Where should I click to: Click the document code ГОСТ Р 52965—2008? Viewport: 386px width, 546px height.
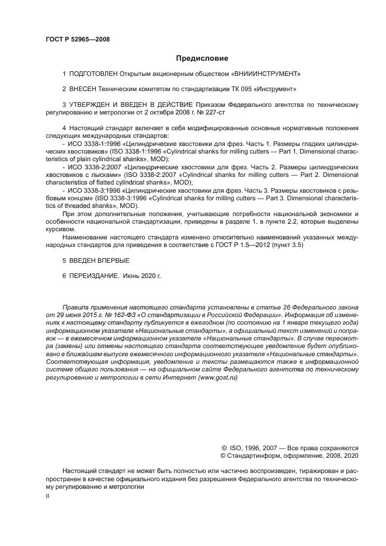click(x=77, y=40)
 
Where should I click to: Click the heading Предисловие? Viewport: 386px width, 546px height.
click(x=202, y=58)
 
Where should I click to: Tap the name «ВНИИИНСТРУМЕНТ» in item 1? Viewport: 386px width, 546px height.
click(x=267, y=74)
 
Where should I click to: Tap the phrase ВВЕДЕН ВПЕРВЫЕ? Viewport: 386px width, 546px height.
click(x=99, y=260)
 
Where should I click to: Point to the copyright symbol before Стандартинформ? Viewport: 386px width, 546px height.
click(x=223, y=455)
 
